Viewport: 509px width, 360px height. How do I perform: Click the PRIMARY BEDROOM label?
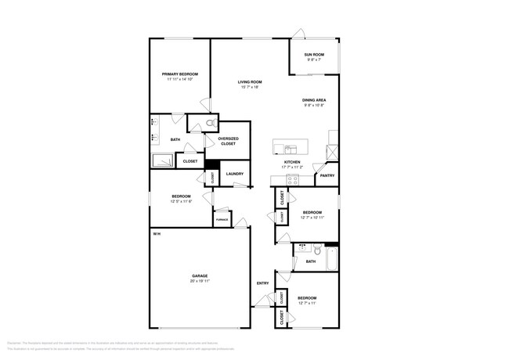(x=179, y=74)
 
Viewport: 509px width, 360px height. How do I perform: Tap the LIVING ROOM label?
(x=250, y=82)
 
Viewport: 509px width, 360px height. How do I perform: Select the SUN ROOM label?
(x=314, y=55)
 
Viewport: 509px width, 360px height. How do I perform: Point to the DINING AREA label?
(x=314, y=100)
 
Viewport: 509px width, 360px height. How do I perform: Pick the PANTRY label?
(x=327, y=176)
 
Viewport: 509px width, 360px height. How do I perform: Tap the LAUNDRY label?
(x=234, y=174)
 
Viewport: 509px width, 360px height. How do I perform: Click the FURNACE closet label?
(x=222, y=220)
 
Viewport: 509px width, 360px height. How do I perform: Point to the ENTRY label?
(x=262, y=283)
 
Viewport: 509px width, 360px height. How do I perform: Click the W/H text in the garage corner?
(x=157, y=233)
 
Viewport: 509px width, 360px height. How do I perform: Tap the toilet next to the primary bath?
(x=211, y=123)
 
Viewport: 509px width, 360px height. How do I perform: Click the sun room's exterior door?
(x=298, y=34)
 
